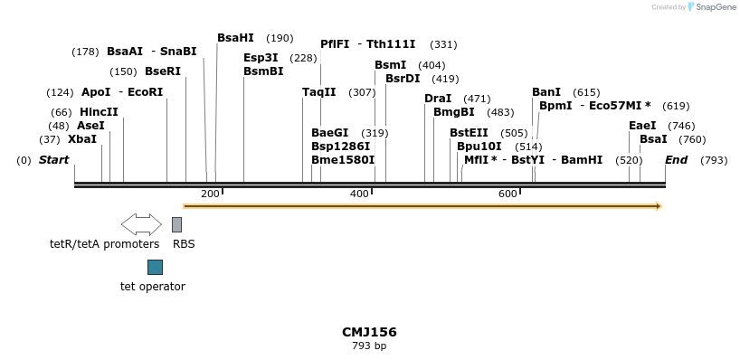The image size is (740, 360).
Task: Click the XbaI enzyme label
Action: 81,139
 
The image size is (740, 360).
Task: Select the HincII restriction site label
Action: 99,112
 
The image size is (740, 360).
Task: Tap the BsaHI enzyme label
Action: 235,38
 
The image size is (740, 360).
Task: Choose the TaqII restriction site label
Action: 318,92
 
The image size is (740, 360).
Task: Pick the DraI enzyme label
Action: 438,99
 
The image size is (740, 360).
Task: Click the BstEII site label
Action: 469,133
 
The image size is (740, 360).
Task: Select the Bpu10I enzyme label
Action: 479,147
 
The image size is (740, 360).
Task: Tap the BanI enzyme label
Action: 546,92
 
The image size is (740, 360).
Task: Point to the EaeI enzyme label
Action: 642,126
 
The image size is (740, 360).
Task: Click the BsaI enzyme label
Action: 653,139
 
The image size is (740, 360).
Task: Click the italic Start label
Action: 53,160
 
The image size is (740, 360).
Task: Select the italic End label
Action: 676,160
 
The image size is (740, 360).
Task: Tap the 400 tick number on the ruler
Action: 359,194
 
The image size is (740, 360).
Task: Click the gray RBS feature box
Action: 176,224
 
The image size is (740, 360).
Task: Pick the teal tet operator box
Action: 155,267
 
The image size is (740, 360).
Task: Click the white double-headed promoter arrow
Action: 141,224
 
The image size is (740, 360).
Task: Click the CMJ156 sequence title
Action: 369,332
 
